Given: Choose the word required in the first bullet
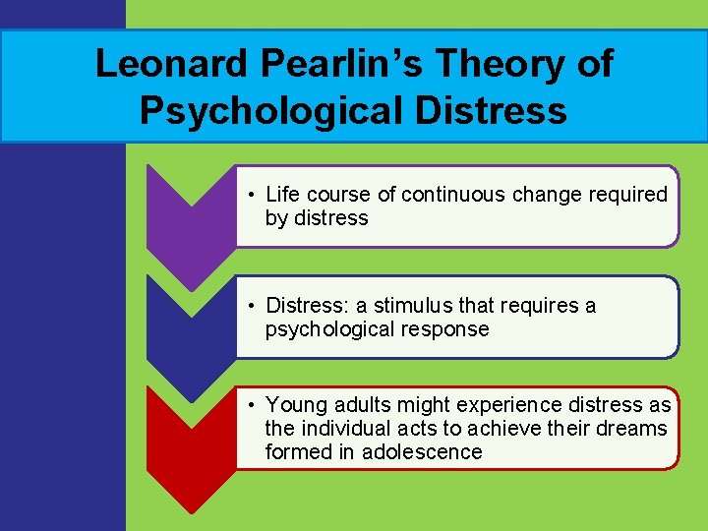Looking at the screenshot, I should point(627,195).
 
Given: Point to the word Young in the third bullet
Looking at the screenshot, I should point(296,405).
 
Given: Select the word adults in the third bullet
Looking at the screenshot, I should point(363,405).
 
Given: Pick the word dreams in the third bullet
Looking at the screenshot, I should point(632,429).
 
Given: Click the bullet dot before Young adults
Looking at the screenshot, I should point(253,405).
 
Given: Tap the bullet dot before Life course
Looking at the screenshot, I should point(253,195).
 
